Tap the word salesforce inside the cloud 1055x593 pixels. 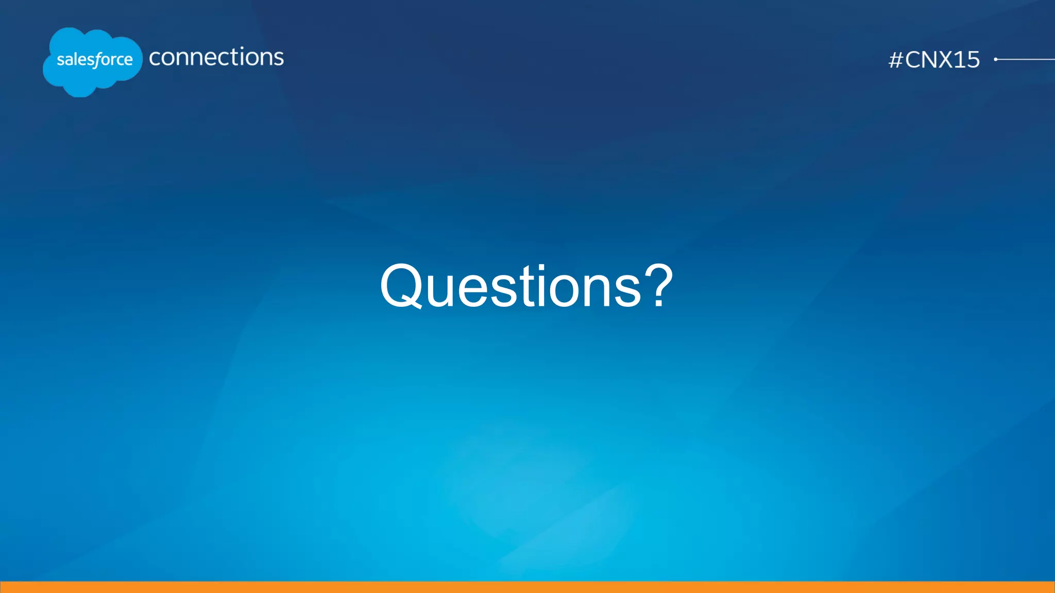94,60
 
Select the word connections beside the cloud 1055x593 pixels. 216,57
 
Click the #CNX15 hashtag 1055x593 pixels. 934,60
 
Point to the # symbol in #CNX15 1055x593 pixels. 896,60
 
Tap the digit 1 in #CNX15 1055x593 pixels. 957,60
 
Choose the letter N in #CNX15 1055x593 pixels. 928,60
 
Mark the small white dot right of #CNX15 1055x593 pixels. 996,59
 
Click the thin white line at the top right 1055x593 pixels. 1028,59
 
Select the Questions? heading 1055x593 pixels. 526,286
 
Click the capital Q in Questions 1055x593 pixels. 401,286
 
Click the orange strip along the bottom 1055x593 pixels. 527,587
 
